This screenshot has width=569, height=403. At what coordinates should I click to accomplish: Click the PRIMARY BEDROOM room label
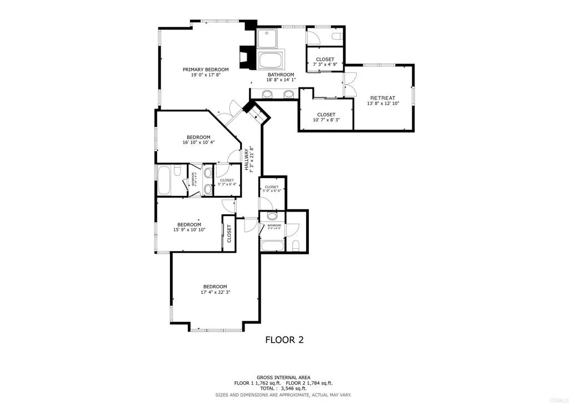coord(206,70)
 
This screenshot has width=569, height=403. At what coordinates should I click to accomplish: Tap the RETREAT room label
coord(382,98)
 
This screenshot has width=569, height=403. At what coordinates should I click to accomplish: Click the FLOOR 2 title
coord(284,340)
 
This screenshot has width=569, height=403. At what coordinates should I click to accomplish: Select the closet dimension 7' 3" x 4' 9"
coord(325,65)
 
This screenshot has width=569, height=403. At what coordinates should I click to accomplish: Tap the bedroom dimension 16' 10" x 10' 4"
coord(198,142)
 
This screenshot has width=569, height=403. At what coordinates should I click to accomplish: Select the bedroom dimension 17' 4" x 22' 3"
coord(215,292)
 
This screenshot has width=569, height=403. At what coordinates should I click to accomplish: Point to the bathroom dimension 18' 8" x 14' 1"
coord(281,80)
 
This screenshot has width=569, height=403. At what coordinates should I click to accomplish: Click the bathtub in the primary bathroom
coord(271,60)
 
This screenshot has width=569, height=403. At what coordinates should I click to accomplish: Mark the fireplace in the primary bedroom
coord(245,57)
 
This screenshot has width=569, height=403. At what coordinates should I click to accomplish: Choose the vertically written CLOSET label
coord(229,234)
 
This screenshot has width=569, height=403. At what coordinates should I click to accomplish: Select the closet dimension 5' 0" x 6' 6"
coord(272,191)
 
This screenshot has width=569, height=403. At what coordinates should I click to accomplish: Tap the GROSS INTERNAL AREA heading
coord(283,377)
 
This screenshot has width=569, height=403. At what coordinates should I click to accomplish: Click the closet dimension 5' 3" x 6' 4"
coord(227,184)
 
